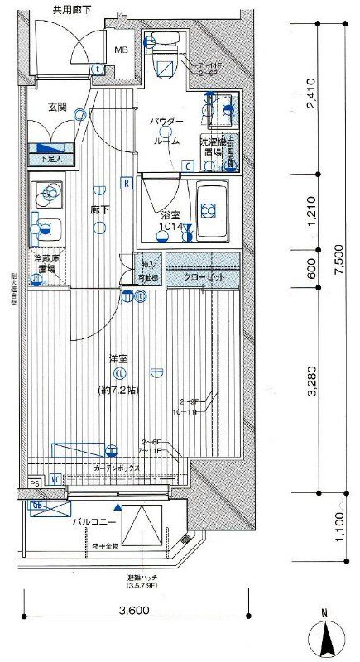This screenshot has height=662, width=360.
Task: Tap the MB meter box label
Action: (121, 49)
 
